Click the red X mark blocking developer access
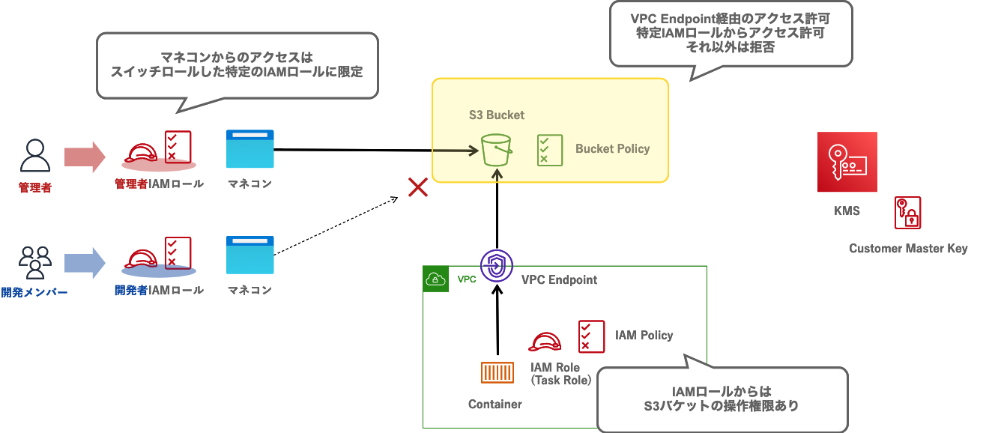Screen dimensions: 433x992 [x=417, y=187]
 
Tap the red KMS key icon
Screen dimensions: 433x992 [x=847, y=162]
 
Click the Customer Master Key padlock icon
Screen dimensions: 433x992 [x=907, y=213]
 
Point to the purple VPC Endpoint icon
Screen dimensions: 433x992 [x=496, y=265]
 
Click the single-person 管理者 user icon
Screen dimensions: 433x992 [x=34, y=156]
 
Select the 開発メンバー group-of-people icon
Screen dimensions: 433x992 [x=34, y=262]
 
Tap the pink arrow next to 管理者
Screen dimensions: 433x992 [x=85, y=157]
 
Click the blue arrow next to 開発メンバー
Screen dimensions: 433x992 [x=85, y=262]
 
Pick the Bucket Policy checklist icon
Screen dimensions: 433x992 [x=549, y=150]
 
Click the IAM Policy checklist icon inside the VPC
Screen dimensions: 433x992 [x=590, y=336]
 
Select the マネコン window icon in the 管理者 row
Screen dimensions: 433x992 [x=249, y=149]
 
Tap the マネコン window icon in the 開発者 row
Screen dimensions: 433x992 [x=249, y=255]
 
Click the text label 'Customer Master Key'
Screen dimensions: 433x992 [x=908, y=249]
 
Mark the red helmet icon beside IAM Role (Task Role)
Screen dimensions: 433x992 [x=545, y=342]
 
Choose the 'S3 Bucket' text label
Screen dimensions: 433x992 [x=496, y=115]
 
